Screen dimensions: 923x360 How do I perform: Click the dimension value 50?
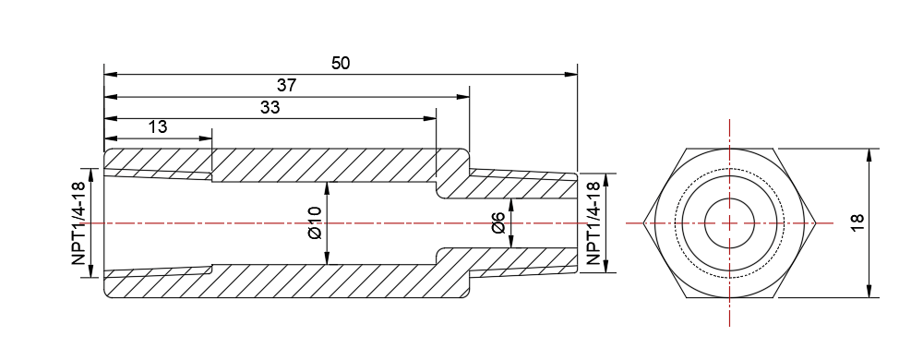[x=341, y=63]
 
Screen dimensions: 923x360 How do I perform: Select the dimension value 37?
[x=286, y=85]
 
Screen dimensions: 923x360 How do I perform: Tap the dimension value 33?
[x=270, y=108]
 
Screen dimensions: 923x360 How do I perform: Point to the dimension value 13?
[x=158, y=126]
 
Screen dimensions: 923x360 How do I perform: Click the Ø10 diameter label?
[x=315, y=223]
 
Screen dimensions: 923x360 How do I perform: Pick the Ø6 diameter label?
[x=498, y=223]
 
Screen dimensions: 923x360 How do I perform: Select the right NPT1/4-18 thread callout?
[x=593, y=223]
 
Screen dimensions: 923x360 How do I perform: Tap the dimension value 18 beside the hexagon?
[x=857, y=222]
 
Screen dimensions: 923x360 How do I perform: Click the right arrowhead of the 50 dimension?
[x=571, y=75]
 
